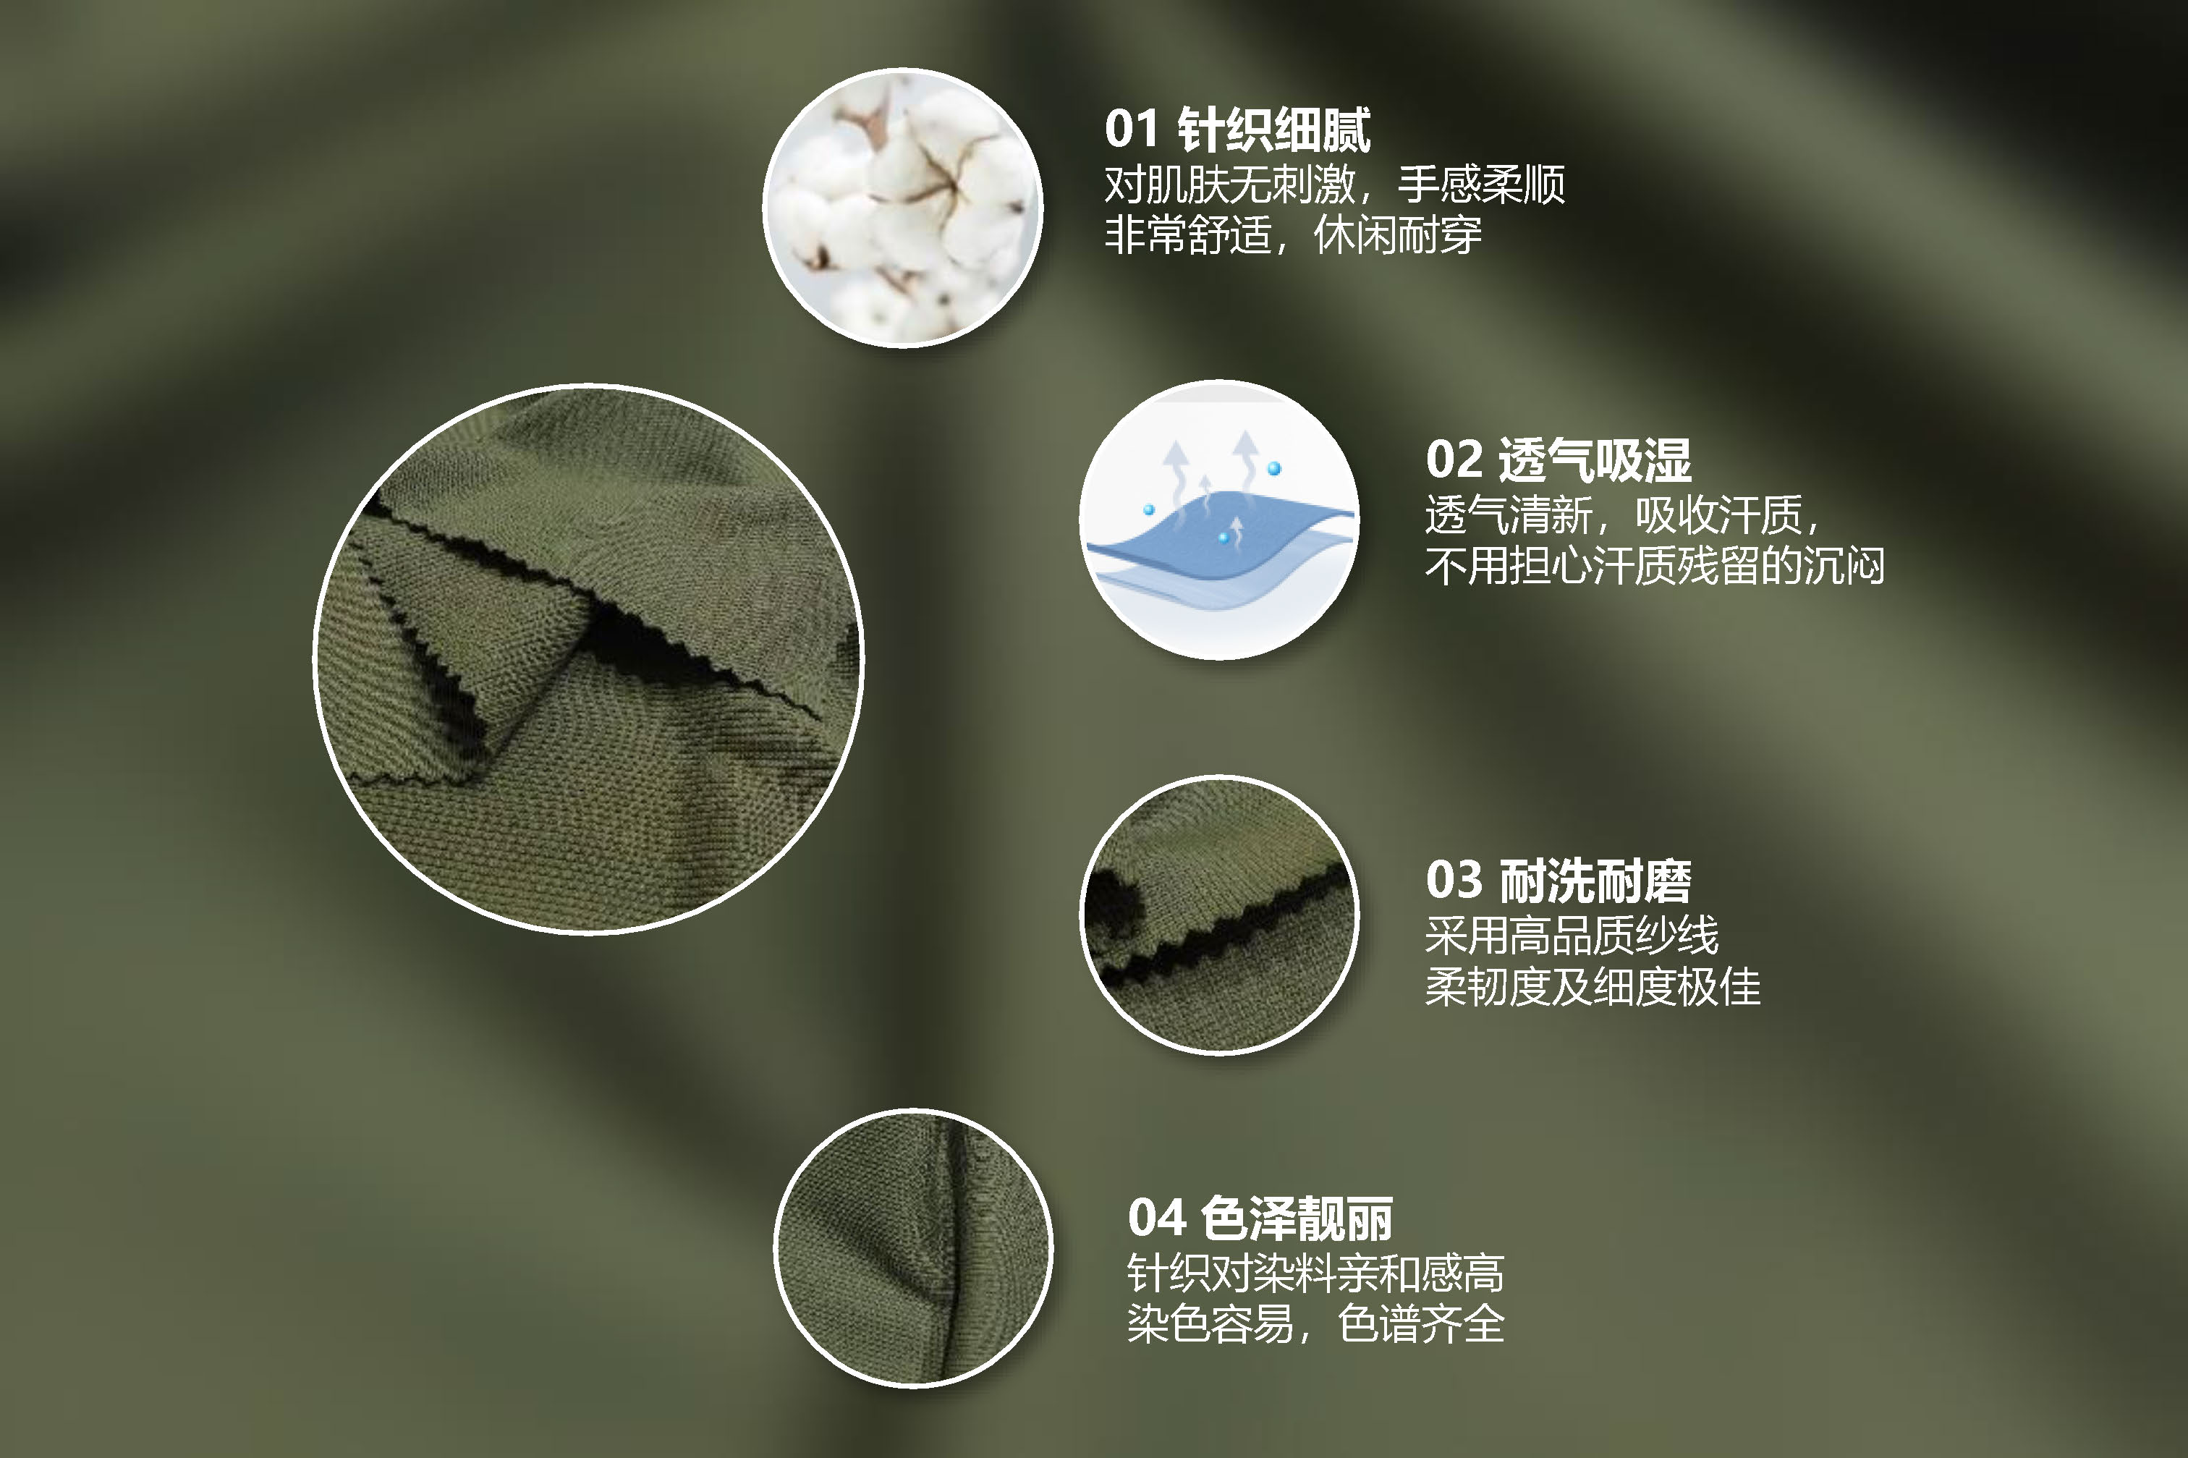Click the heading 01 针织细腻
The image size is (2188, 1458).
point(1237,130)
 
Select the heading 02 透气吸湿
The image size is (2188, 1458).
point(1558,460)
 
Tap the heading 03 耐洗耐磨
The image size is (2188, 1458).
point(1558,881)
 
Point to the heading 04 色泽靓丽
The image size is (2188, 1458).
point(1260,1218)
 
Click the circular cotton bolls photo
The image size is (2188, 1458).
point(902,208)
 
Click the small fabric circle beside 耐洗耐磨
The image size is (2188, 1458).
point(1219,914)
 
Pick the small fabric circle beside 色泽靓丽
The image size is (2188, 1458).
point(913,1248)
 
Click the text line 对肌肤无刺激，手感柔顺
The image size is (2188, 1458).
point(1334,184)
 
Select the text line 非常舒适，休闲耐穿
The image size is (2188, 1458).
point(1292,234)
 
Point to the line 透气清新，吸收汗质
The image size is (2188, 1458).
point(1623,515)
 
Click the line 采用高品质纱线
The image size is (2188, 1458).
point(1572,936)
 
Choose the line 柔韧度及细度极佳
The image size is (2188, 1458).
point(1592,986)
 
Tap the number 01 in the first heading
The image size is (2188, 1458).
point(1132,130)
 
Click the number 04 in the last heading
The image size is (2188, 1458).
point(1156,1218)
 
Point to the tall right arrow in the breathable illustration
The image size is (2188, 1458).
point(1245,456)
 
